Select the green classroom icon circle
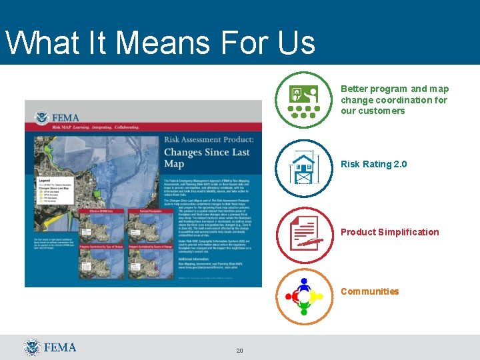(x=304, y=100)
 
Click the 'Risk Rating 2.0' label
(x=373, y=164)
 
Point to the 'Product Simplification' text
(x=389, y=232)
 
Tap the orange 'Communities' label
(x=369, y=291)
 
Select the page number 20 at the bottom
(x=239, y=351)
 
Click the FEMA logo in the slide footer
(x=50, y=347)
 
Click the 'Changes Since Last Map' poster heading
(x=207, y=158)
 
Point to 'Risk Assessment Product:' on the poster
(x=209, y=139)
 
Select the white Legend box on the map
(x=51, y=189)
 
